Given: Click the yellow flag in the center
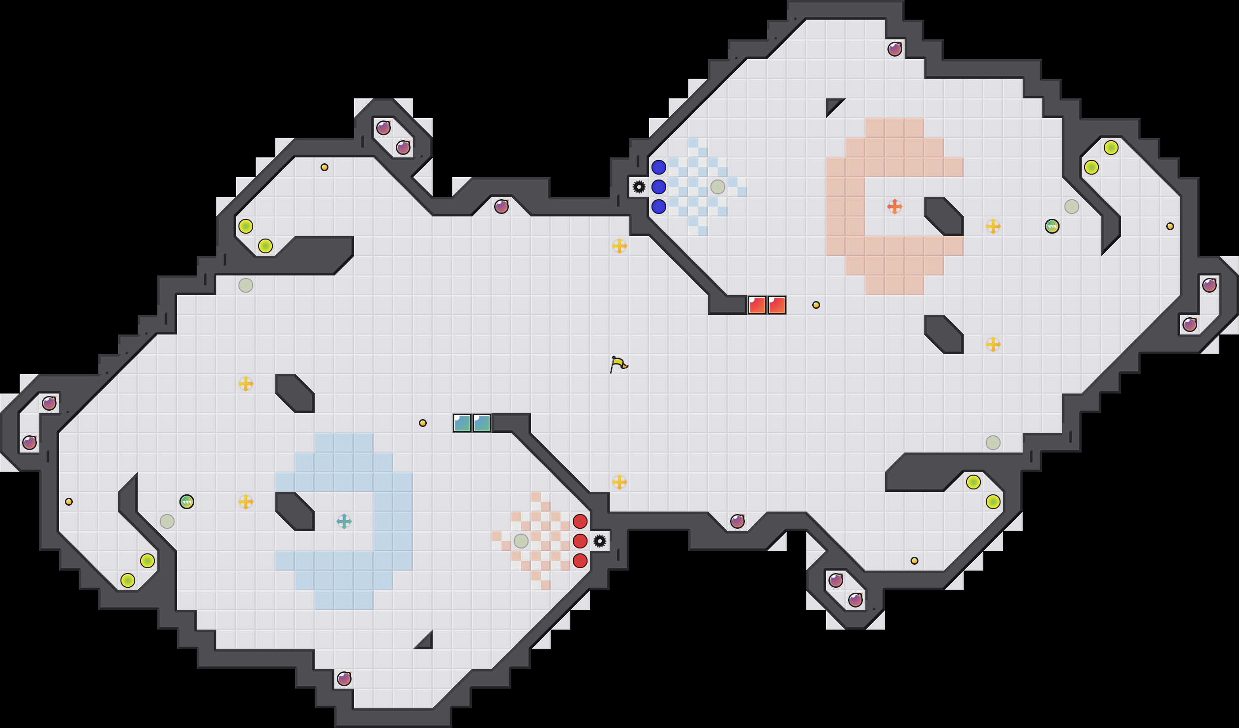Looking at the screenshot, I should pos(619,364).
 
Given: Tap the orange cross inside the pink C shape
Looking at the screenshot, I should pos(894,207).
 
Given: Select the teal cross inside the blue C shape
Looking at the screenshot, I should pos(344,521).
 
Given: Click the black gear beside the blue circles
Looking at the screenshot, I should pos(639,187).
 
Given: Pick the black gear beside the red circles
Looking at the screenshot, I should pos(599,541).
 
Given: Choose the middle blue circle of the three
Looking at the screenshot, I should pos(658,187).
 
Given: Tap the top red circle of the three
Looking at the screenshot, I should pos(580,521).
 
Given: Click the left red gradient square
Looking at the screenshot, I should pos(757,305).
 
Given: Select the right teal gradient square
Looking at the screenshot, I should pos(481,423).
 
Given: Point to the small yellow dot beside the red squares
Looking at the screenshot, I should pos(816,305).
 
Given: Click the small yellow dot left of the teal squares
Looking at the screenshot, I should pos(422,423).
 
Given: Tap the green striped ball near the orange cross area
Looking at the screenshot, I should pos(1052,226).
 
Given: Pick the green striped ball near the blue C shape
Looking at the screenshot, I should pos(186,502).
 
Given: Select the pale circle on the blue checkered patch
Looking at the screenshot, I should pos(717,187).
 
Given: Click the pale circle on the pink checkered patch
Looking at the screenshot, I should pos(521,541).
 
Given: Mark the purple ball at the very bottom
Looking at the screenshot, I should pos(344,679).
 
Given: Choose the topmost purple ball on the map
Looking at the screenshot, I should pos(894,49).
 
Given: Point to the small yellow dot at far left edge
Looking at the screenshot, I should pos(68,502).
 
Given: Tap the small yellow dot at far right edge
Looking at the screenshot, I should pos(1170,226).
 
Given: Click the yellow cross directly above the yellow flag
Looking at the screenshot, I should pos(619,246).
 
